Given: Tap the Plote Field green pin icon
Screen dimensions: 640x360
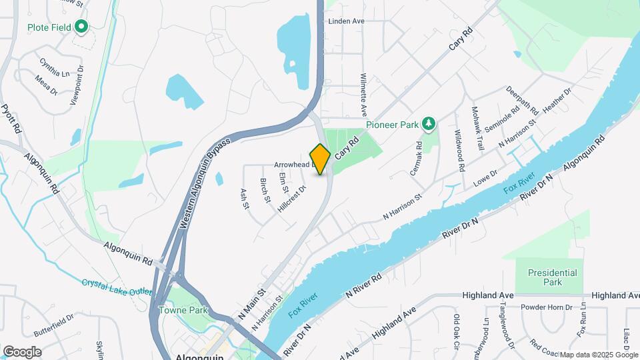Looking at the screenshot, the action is click(81, 27).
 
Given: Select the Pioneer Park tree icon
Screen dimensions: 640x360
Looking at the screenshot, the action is click(429, 123).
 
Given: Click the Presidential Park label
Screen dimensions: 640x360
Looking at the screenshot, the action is click(552, 277).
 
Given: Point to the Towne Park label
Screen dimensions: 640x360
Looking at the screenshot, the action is click(183, 310).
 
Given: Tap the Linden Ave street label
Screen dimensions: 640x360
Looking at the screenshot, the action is click(346, 21).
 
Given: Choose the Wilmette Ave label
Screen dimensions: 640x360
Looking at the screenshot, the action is click(364, 95).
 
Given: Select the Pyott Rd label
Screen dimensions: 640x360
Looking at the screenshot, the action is click(12, 120).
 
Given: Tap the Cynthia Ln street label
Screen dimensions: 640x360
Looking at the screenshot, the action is click(54, 67).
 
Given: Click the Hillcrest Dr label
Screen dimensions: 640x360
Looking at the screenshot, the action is click(291, 199).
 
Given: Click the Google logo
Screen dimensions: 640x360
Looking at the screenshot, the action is click(21, 352).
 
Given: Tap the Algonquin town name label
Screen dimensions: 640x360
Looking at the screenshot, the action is click(198, 357).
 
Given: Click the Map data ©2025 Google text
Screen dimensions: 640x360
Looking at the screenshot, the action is click(598, 355).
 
